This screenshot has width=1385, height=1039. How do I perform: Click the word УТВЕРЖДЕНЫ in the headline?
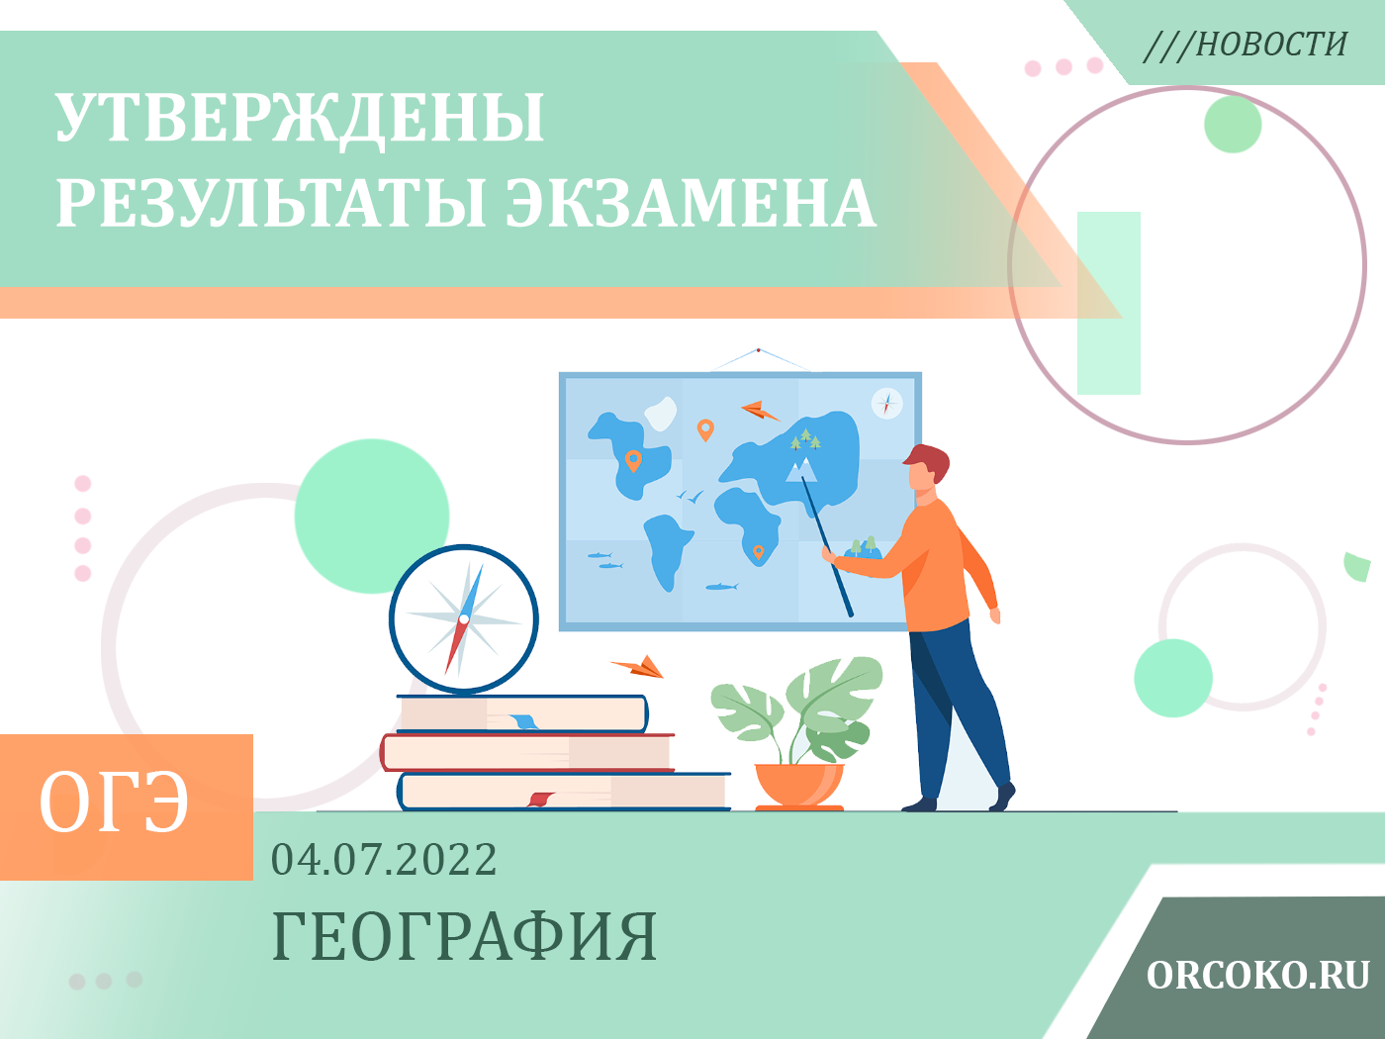pos(300,119)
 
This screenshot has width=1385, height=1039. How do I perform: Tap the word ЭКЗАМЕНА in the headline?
pos(691,203)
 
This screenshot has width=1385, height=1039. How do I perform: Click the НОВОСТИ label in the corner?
pos(1271,45)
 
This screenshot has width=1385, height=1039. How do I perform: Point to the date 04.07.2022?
pos(384,859)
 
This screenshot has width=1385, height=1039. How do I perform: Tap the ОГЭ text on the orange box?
pos(114,803)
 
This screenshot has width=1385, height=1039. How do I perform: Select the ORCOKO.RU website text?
pos(1257,976)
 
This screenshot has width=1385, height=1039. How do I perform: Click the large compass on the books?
pos(464,619)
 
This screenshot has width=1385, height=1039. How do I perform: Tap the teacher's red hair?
pos(929,460)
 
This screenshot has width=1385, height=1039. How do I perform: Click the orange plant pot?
pos(799,787)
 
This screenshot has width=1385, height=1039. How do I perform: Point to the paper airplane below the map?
pos(639,667)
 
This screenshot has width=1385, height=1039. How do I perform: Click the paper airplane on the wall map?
pos(760,411)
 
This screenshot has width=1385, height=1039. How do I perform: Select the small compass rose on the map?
pos(887,404)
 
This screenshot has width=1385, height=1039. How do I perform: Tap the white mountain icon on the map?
pos(801,471)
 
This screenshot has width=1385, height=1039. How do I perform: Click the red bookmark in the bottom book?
pos(541,800)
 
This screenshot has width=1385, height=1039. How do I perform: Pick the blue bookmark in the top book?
pos(523,721)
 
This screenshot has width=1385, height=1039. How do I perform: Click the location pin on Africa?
pos(759,552)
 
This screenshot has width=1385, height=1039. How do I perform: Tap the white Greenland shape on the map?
pos(661,414)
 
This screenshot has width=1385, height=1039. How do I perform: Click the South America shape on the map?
pos(666,549)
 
